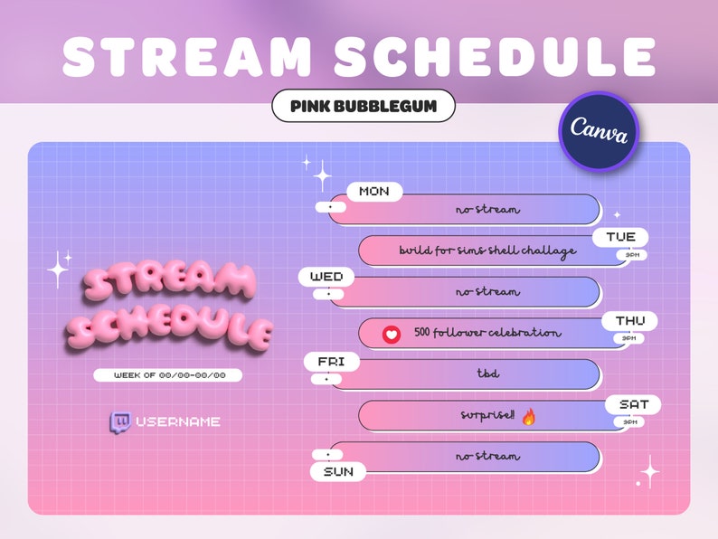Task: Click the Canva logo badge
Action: (599, 131)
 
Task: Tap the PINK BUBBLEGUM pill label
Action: (364, 106)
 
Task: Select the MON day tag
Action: (374, 192)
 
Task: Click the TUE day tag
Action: (620, 237)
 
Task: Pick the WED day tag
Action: (326, 276)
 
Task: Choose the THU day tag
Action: (629, 321)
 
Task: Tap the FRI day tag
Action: (332, 362)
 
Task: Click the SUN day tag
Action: (338, 471)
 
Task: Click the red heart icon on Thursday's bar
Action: (391, 334)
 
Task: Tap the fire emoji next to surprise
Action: (529, 417)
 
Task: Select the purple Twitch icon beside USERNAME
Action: (119, 421)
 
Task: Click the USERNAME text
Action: (178, 421)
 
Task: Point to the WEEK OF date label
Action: (169, 374)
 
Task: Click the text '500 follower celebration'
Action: (487, 333)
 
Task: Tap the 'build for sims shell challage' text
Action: (487, 251)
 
